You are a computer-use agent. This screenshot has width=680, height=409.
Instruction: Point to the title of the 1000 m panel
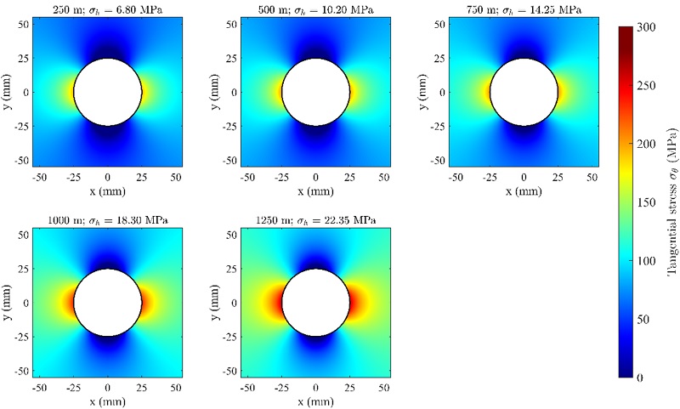click(107, 219)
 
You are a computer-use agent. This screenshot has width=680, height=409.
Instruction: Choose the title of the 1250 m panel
click(315, 219)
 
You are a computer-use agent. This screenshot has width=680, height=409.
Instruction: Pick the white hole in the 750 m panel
click(524, 92)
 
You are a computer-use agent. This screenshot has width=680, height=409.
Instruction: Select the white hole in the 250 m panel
click(107, 92)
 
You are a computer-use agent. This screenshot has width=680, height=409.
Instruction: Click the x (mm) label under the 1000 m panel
click(107, 400)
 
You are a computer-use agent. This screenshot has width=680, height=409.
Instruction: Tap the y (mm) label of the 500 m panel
click(215, 92)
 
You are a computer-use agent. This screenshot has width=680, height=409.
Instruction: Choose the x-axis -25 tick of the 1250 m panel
click(280, 388)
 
